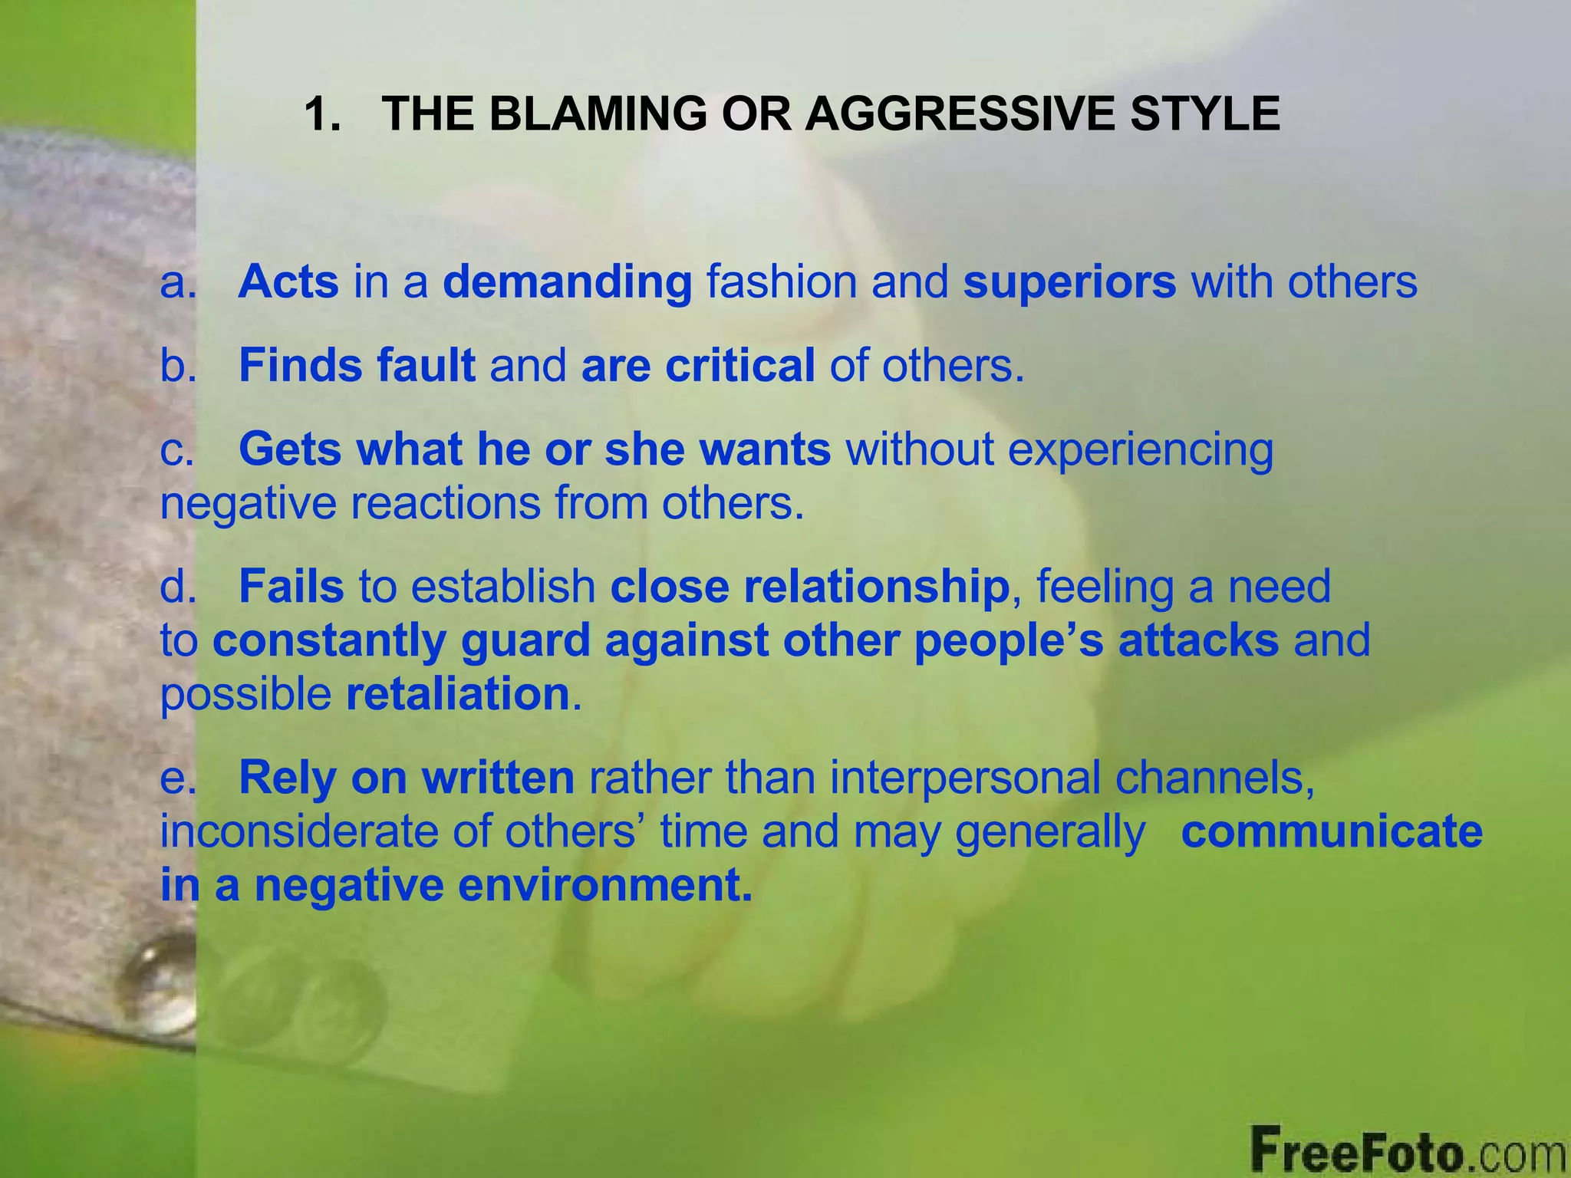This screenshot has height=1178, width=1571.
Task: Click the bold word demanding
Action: (x=568, y=282)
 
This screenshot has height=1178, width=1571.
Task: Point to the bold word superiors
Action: (x=1069, y=282)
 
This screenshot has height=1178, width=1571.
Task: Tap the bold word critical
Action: (x=739, y=365)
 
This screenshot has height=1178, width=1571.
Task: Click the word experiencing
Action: (x=1140, y=450)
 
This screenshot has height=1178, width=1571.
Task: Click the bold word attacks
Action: (x=1198, y=640)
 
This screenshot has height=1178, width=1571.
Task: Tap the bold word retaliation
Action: (x=458, y=694)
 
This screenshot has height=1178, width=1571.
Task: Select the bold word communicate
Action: (x=1332, y=831)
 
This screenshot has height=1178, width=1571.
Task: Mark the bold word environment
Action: (x=605, y=885)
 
